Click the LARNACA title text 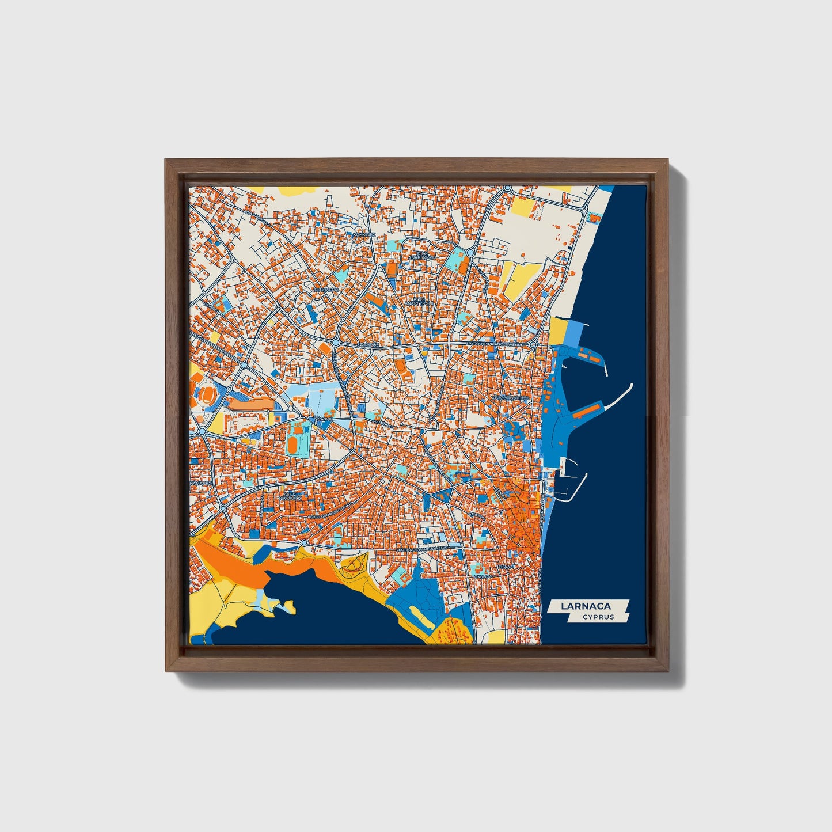pyautogui.click(x=587, y=605)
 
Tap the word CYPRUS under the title pyautogui.click(x=598, y=617)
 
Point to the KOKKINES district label pyautogui.click(x=363, y=235)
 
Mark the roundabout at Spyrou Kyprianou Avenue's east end pyautogui.click(x=533, y=344)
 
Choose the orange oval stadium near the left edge pyautogui.click(x=205, y=395)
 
